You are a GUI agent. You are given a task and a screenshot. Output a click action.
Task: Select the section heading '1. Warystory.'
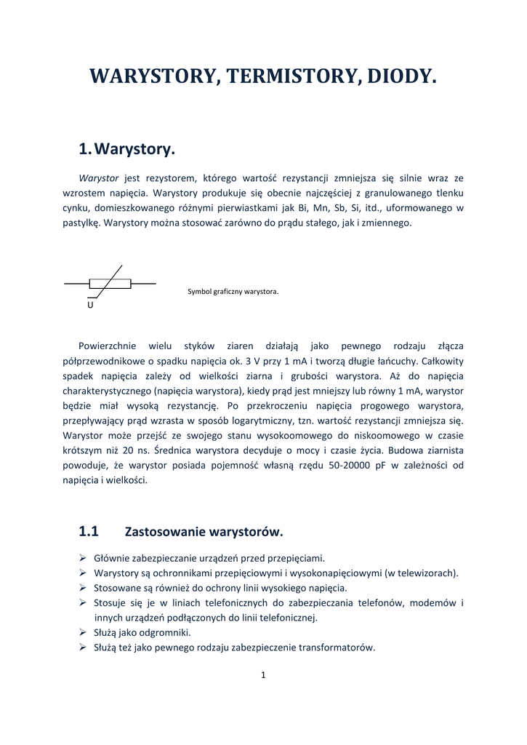[x=127, y=150]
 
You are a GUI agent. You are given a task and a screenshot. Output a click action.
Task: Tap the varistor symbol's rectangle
[x=110, y=284]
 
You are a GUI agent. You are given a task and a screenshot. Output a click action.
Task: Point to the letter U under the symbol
[x=90, y=306]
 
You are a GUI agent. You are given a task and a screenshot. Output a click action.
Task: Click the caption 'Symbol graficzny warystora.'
[x=233, y=292]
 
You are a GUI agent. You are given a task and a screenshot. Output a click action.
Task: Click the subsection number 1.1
[x=89, y=531]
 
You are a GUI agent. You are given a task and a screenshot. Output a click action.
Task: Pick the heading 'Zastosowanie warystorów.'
[x=204, y=532]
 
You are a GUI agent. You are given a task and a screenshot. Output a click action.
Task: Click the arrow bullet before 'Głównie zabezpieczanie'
[x=82, y=558]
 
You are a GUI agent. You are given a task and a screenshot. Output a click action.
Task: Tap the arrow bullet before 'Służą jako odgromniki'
[x=82, y=632]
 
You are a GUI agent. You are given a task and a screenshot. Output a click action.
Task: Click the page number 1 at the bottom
[x=263, y=675]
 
